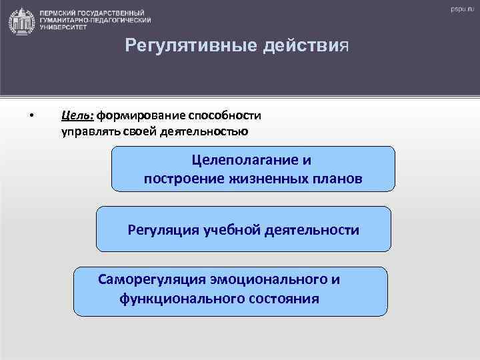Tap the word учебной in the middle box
(x=227, y=230)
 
